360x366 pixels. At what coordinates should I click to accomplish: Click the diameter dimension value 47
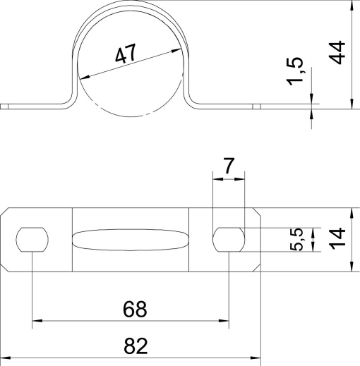[126, 56]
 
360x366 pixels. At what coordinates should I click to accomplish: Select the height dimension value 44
[338, 54]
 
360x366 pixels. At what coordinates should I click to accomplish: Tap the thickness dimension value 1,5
[298, 73]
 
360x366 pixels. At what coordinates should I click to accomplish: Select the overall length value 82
[136, 345]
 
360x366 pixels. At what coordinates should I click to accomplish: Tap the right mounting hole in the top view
[229, 240]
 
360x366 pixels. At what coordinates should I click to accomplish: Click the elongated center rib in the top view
[131, 240]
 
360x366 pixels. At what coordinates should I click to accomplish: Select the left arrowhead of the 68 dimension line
[37, 323]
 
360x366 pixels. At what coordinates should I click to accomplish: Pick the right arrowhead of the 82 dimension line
[256, 357]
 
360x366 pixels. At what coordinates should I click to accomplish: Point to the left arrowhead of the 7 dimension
[217, 179]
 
